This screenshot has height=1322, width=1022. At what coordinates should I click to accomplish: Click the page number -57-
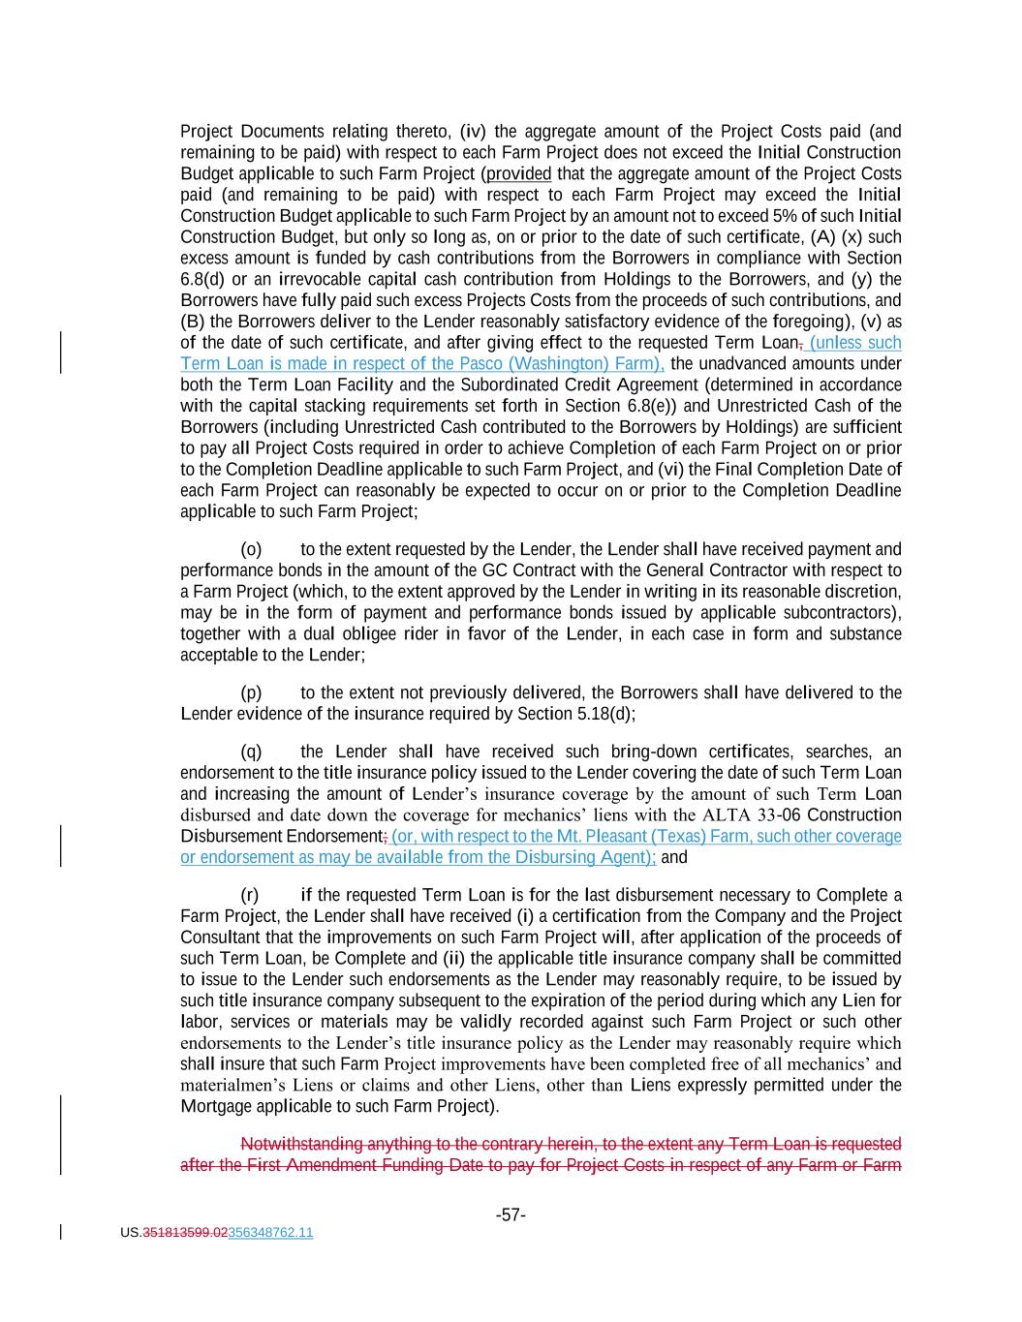tap(511, 1214)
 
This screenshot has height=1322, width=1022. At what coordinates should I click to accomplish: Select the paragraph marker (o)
tap(251, 549)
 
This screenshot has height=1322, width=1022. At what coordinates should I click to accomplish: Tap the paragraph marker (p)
tap(251, 692)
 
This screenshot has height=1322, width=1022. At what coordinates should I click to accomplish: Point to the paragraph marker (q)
tap(251, 752)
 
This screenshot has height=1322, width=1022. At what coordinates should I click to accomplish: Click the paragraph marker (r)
tap(250, 895)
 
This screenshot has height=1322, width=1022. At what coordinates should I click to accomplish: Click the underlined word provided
tap(518, 173)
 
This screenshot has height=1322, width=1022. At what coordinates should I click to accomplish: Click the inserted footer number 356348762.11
tap(270, 1233)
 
